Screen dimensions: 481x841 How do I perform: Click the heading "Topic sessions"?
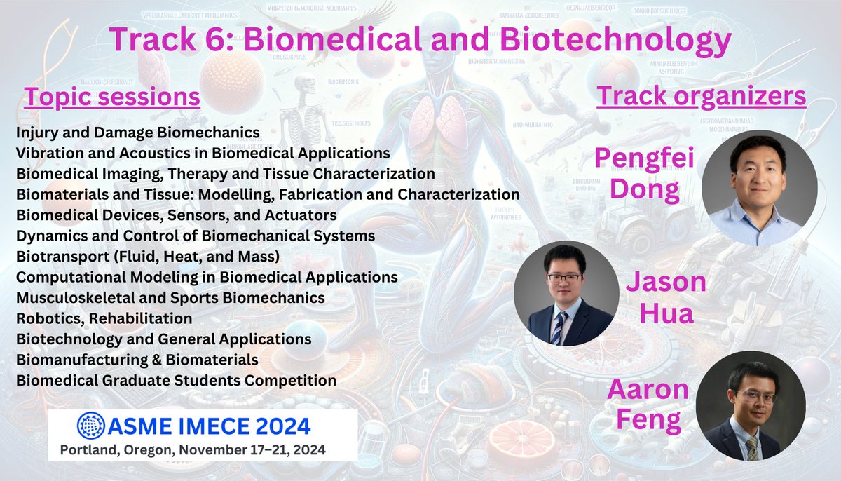click(112, 97)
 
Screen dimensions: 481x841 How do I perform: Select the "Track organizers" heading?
click(701, 97)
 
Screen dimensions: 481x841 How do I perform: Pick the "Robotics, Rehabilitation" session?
click(104, 318)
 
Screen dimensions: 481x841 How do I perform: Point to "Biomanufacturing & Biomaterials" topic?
click(137, 360)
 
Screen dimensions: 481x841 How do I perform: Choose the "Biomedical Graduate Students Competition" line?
click(176, 381)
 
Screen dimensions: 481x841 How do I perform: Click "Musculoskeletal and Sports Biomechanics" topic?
click(170, 297)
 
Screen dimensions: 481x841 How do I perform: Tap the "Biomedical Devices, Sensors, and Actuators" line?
click(176, 215)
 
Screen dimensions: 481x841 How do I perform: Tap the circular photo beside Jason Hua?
click(566, 297)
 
